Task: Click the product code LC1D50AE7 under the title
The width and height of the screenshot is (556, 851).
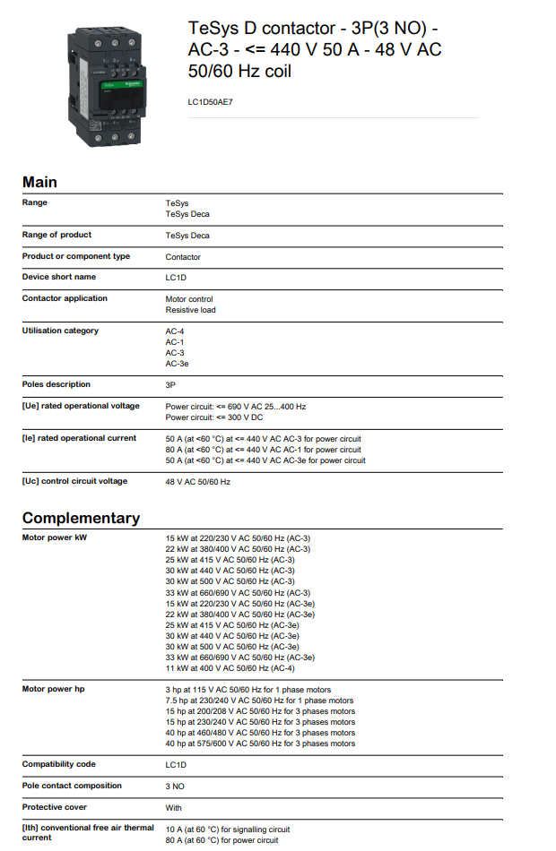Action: point(210,102)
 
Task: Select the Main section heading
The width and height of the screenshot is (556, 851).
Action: point(39,182)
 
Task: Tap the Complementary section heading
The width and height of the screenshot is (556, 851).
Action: point(81,518)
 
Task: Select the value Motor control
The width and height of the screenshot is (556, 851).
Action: point(189,299)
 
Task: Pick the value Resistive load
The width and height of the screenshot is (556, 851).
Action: point(190,310)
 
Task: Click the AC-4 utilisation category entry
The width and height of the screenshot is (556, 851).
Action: point(175,331)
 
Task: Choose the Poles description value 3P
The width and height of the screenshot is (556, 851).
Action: point(170,385)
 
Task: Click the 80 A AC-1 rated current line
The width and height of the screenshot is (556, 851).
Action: point(264,450)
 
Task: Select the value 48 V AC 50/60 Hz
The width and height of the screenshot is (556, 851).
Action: point(198,482)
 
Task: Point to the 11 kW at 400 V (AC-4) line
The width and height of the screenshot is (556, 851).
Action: point(230,667)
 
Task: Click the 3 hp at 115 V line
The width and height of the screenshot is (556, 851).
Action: point(248,690)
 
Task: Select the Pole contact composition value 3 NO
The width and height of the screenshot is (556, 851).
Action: point(175,787)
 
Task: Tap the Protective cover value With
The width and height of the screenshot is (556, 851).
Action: point(174,808)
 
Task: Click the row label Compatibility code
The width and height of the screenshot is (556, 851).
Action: point(59,764)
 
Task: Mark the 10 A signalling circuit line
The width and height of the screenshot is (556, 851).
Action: point(228,830)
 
